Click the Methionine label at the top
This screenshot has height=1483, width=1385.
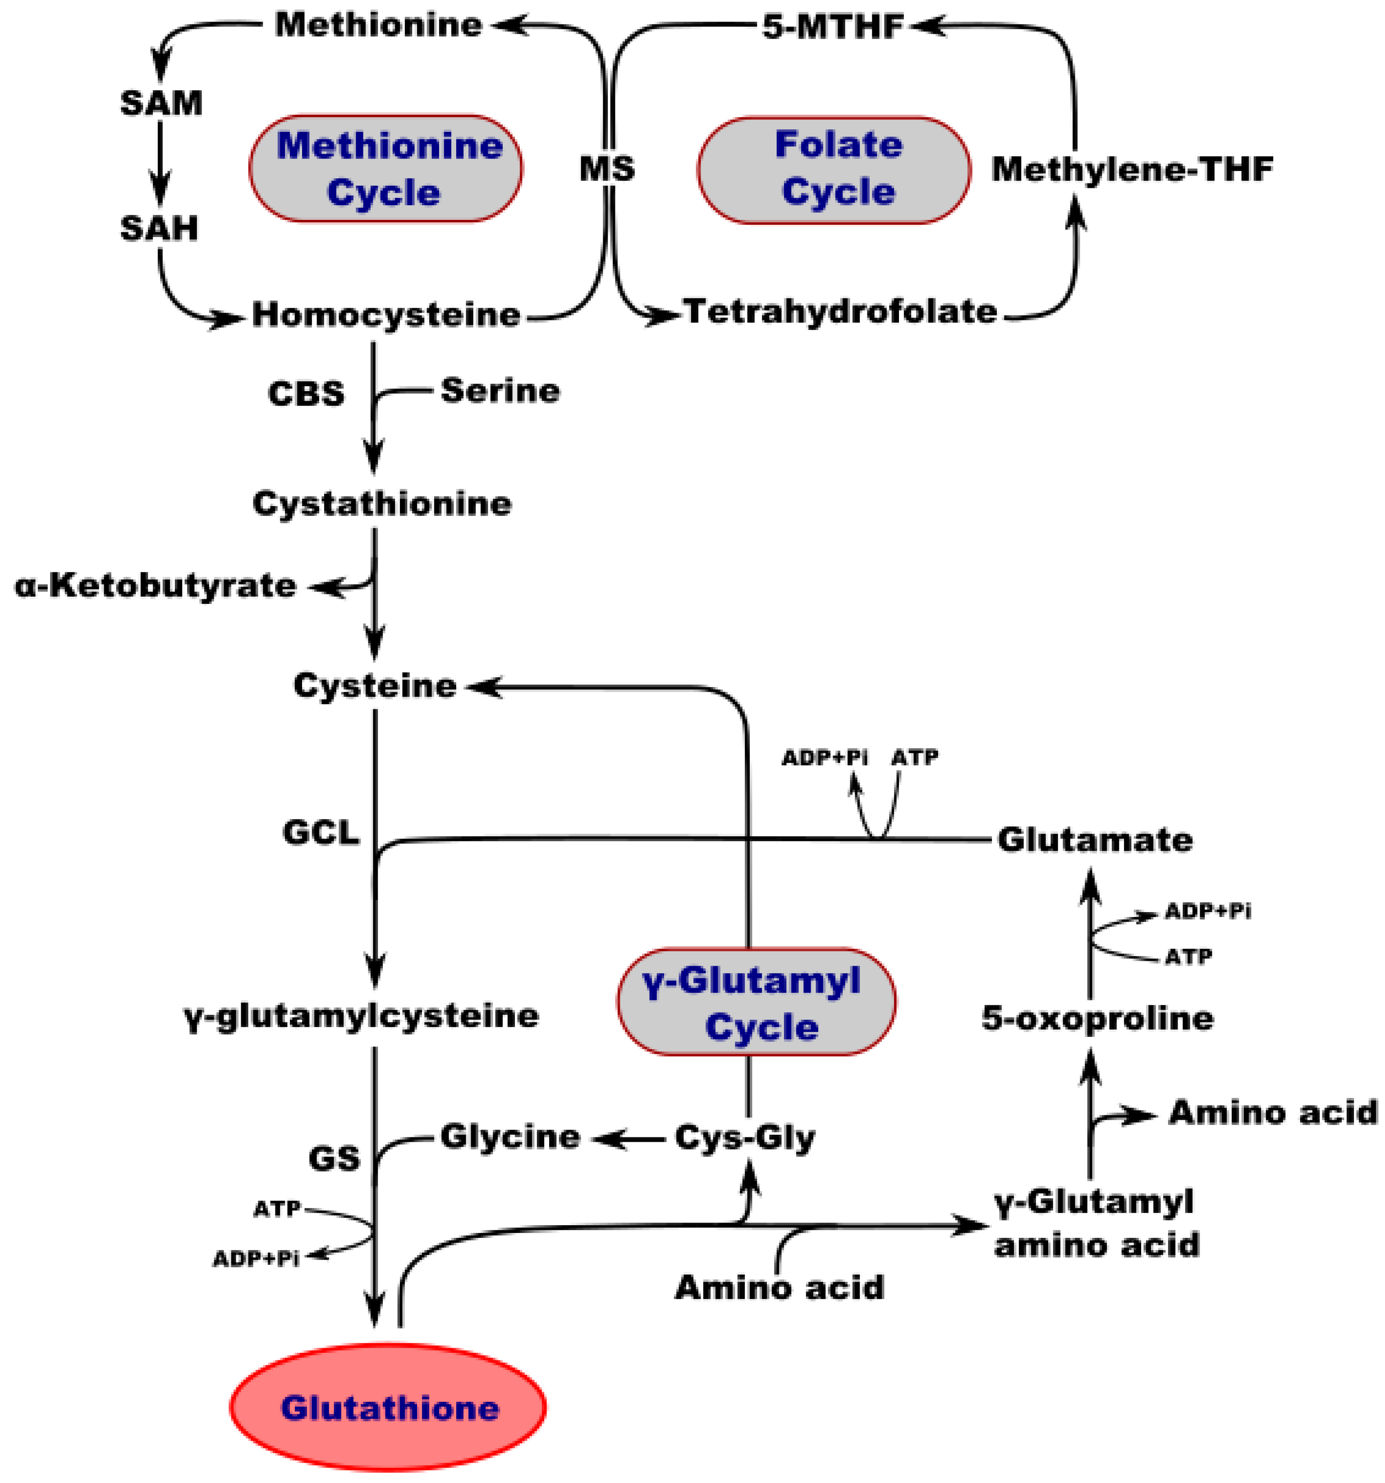(x=378, y=25)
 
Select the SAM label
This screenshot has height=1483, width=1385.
(x=161, y=103)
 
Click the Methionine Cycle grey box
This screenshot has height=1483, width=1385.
(x=386, y=169)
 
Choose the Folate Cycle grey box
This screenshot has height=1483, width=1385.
(x=834, y=169)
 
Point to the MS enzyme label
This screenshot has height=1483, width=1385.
(x=607, y=169)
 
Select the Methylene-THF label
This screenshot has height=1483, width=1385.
(x=1131, y=169)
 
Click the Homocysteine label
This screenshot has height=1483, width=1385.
(x=386, y=314)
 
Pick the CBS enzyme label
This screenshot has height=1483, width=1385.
(x=306, y=393)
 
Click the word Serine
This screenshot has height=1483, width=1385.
(x=500, y=390)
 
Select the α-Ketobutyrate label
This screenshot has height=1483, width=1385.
(x=155, y=586)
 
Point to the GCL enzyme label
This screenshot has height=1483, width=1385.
(x=321, y=832)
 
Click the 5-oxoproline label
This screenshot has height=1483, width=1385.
(x=1097, y=1018)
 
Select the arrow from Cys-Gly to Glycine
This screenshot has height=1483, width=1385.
(x=629, y=1139)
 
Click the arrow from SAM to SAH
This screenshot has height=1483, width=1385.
(x=160, y=164)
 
